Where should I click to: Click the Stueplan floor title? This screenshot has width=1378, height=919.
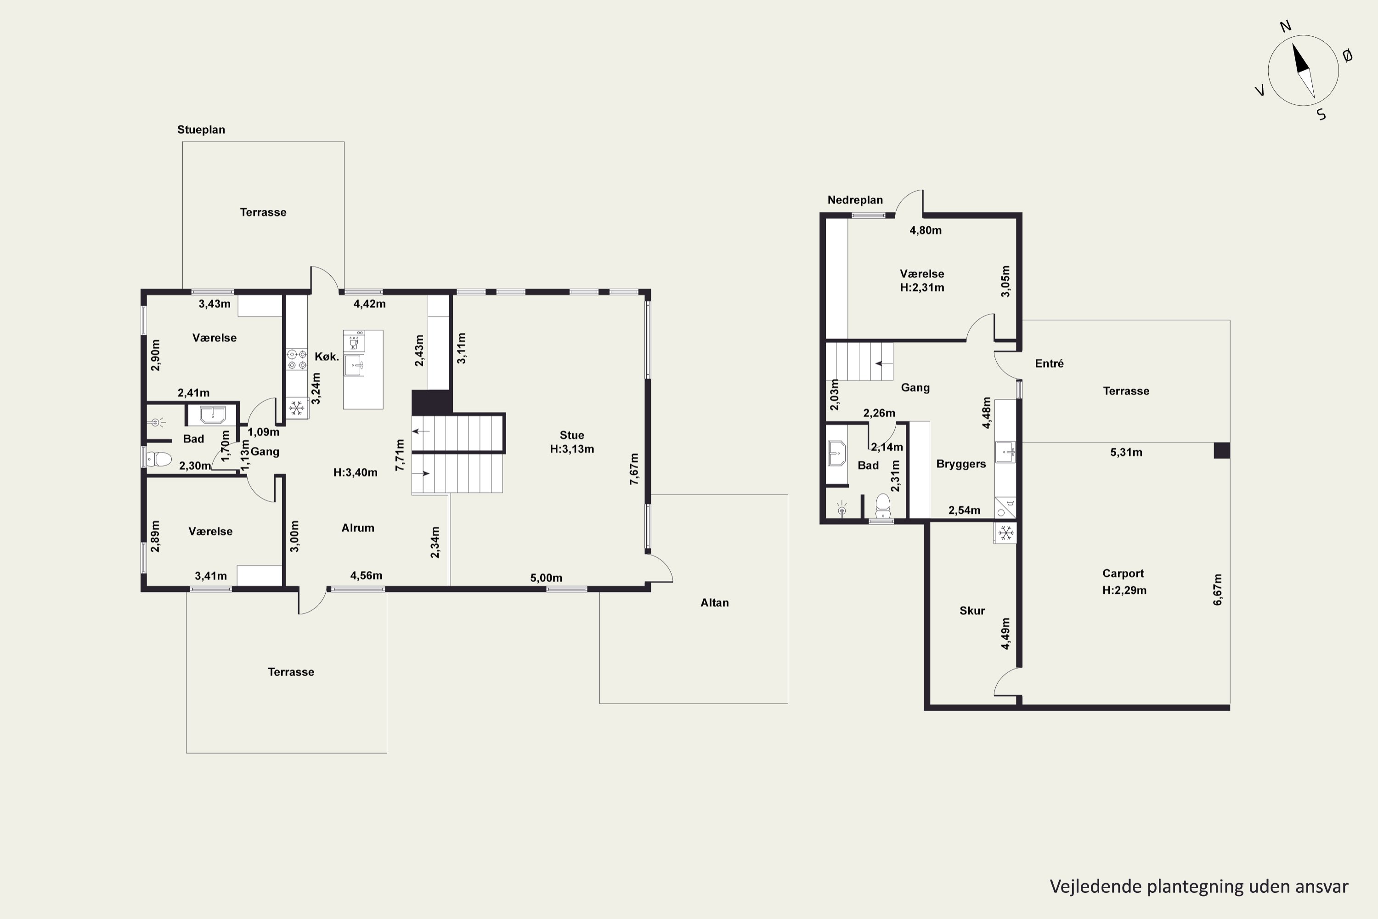201,130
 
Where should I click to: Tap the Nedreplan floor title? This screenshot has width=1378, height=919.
855,200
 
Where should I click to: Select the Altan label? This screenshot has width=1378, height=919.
714,602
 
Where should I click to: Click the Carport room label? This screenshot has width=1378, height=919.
1123,573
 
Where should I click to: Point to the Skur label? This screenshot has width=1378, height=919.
972,610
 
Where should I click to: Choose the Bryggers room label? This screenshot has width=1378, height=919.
961,464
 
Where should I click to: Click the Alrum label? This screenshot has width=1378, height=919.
357,528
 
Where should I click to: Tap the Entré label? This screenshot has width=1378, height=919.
1049,363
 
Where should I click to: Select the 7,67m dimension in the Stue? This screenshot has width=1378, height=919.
634,468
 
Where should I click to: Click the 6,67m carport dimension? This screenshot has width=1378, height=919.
1218,590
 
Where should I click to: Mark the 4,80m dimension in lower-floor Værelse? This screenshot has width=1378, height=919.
925,230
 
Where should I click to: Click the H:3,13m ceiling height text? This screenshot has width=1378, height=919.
572,449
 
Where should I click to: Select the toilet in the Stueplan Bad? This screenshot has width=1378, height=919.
158,458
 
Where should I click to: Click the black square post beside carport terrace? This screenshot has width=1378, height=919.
1221,450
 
